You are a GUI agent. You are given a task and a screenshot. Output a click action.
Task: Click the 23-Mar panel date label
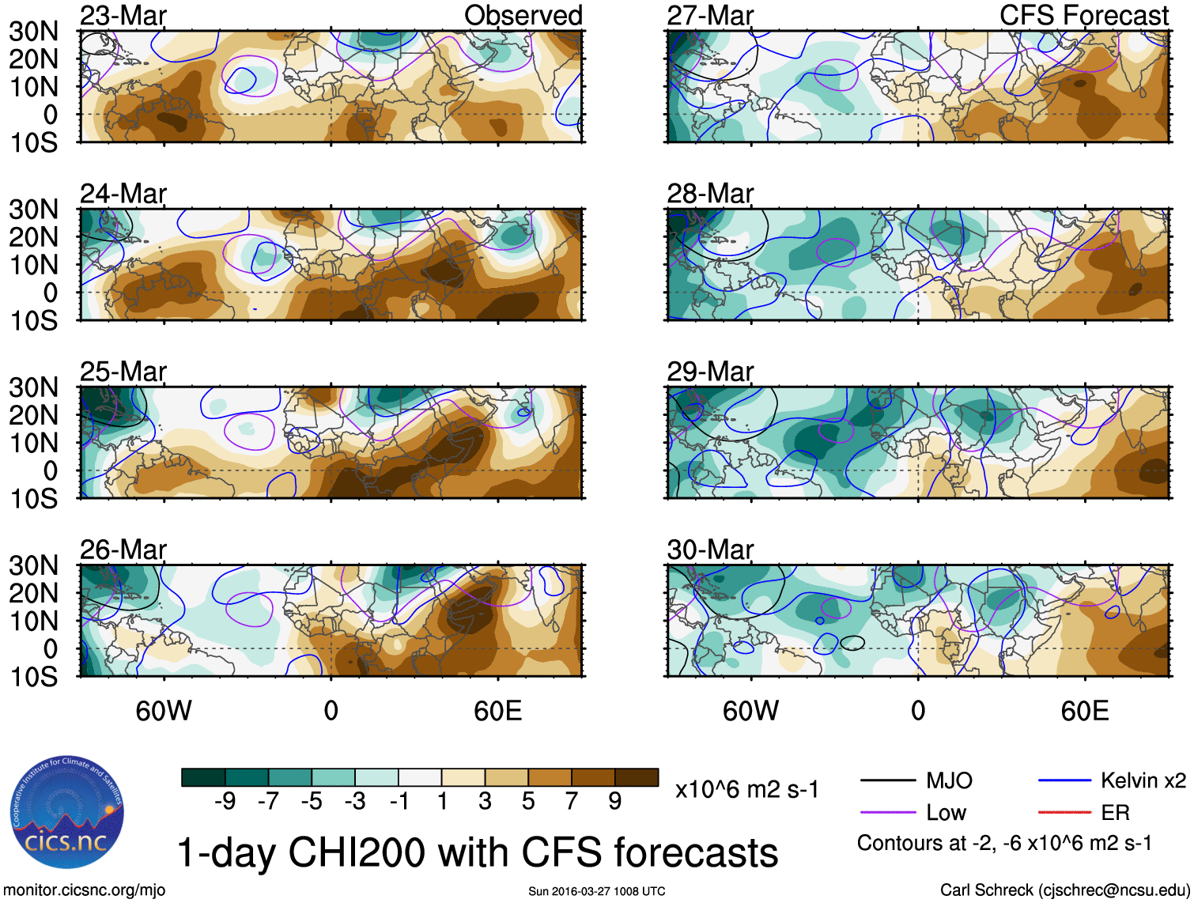pyautogui.click(x=123, y=16)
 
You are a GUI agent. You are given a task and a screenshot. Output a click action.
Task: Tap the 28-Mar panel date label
pyautogui.click(x=710, y=194)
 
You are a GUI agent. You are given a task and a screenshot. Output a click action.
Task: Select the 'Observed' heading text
pyautogui.click(x=523, y=16)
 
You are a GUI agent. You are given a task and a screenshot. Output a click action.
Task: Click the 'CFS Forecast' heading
pyautogui.click(x=1084, y=16)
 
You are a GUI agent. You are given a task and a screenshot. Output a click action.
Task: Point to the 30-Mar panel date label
pyautogui.click(x=710, y=550)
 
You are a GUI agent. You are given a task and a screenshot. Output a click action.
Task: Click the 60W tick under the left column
pyautogui.click(x=164, y=711)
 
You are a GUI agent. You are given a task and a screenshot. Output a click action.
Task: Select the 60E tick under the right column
pyautogui.click(x=1084, y=711)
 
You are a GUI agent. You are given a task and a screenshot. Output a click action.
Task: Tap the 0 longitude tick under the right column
pyautogui.click(x=917, y=711)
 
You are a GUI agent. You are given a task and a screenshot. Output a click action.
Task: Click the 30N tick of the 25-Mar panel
pyautogui.click(x=33, y=387)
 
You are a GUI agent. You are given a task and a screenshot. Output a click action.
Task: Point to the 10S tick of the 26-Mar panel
pyautogui.click(x=33, y=677)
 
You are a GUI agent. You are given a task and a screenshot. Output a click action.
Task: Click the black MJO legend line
pyautogui.click(x=887, y=781)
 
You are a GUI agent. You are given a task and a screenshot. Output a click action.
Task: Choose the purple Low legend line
pyautogui.click(x=887, y=812)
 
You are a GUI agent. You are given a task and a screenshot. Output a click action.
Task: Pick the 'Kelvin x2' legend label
pyautogui.click(x=1143, y=781)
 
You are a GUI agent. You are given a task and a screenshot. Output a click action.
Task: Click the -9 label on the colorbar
pyautogui.click(x=225, y=802)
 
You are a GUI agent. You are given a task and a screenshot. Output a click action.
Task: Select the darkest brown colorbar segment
pyautogui.click(x=637, y=777)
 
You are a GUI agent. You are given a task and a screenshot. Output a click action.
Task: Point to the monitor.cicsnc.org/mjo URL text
pyautogui.click(x=85, y=890)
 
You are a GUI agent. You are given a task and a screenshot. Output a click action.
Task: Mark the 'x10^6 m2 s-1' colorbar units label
pyautogui.click(x=746, y=789)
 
